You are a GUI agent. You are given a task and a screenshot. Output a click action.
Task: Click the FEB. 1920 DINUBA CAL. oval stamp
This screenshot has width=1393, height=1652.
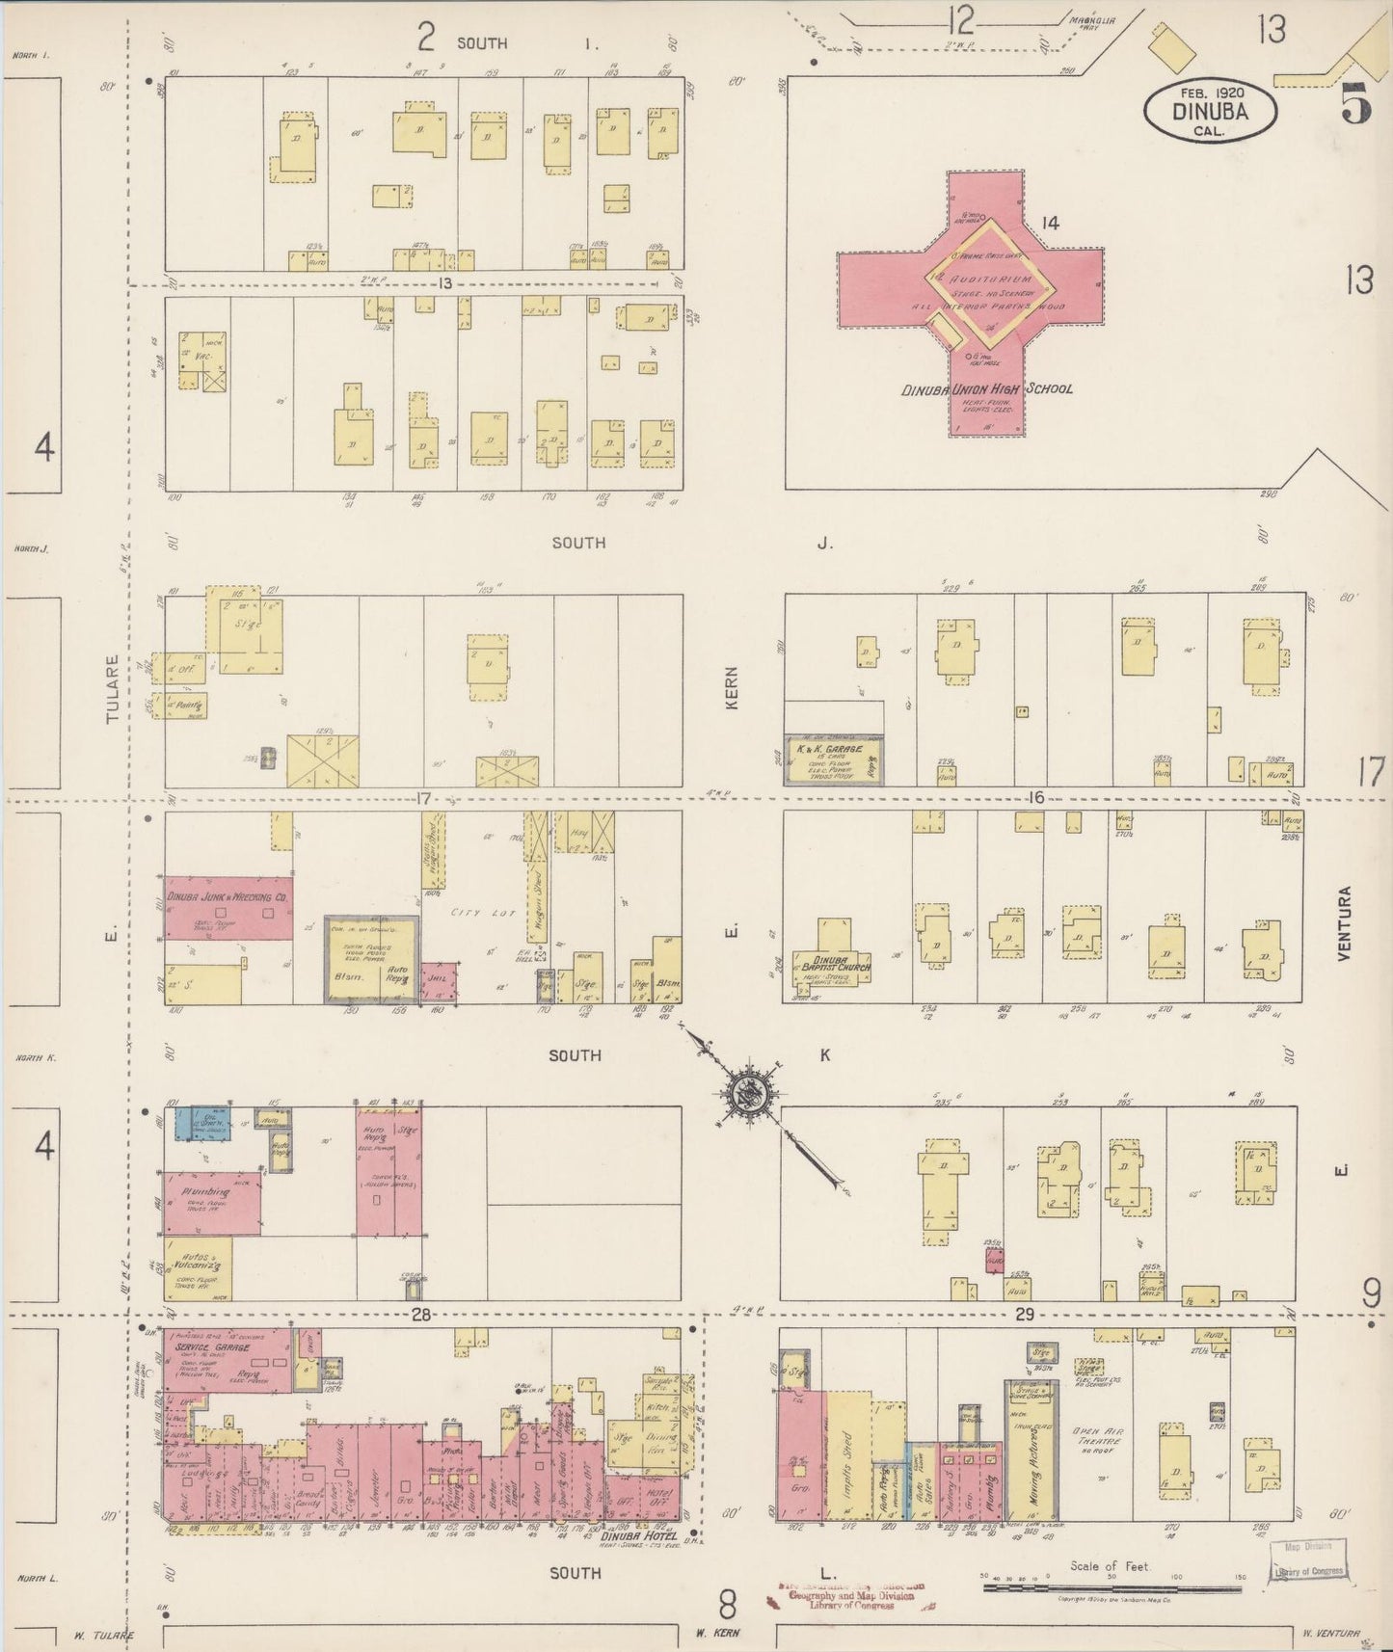(1211, 110)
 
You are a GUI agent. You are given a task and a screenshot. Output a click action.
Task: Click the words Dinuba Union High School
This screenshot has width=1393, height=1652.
(986, 389)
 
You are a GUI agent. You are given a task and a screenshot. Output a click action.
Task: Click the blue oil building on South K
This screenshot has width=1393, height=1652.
(203, 1124)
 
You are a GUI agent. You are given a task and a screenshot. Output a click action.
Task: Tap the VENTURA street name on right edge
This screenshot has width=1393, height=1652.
(1345, 922)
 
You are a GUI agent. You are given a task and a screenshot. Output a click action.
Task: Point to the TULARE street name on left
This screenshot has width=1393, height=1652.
(113, 690)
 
